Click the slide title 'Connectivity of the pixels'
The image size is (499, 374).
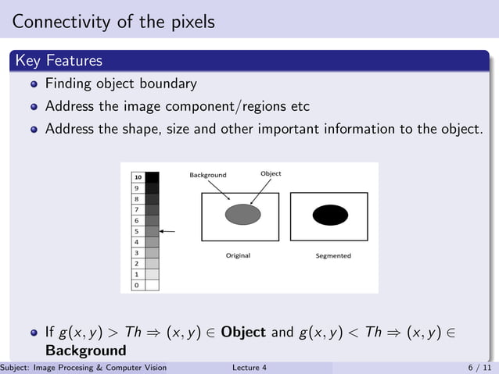tap(113, 22)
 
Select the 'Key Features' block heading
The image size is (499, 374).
tap(58, 60)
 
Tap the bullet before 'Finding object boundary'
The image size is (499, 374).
tap(34, 84)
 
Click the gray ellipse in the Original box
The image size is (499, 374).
tap(242, 213)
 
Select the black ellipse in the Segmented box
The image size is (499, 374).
tap(330, 215)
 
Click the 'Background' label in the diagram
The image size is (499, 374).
tap(207, 175)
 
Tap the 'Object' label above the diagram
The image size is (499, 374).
tap(271, 173)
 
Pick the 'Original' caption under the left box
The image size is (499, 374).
tap(238, 255)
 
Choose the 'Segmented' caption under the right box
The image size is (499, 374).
tap(333, 255)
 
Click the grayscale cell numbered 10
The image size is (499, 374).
tap(138, 177)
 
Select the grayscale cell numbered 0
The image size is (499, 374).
tap(138, 285)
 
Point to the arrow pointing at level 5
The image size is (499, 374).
tap(167, 232)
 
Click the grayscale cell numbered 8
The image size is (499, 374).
tap(138, 199)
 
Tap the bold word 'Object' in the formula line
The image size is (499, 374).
tap(243, 332)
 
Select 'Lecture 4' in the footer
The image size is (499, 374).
tap(249, 368)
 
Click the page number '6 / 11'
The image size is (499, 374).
tap(479, 368)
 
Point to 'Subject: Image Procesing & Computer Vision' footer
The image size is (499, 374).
tap(84, 368)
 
